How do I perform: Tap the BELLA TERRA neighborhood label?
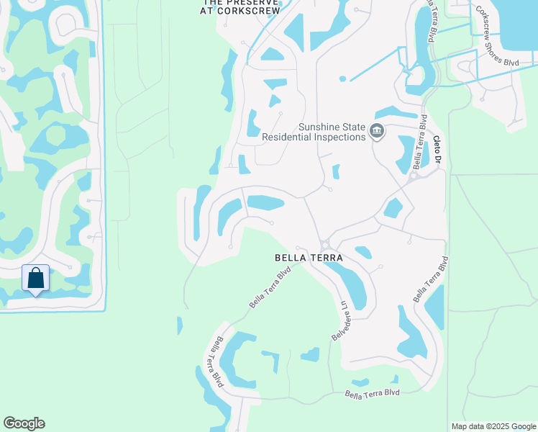tap(308, 257)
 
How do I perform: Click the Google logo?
tap(24, 423)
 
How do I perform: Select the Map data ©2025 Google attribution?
tap(494, 426)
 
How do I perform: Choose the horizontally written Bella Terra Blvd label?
tap(372, 393)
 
